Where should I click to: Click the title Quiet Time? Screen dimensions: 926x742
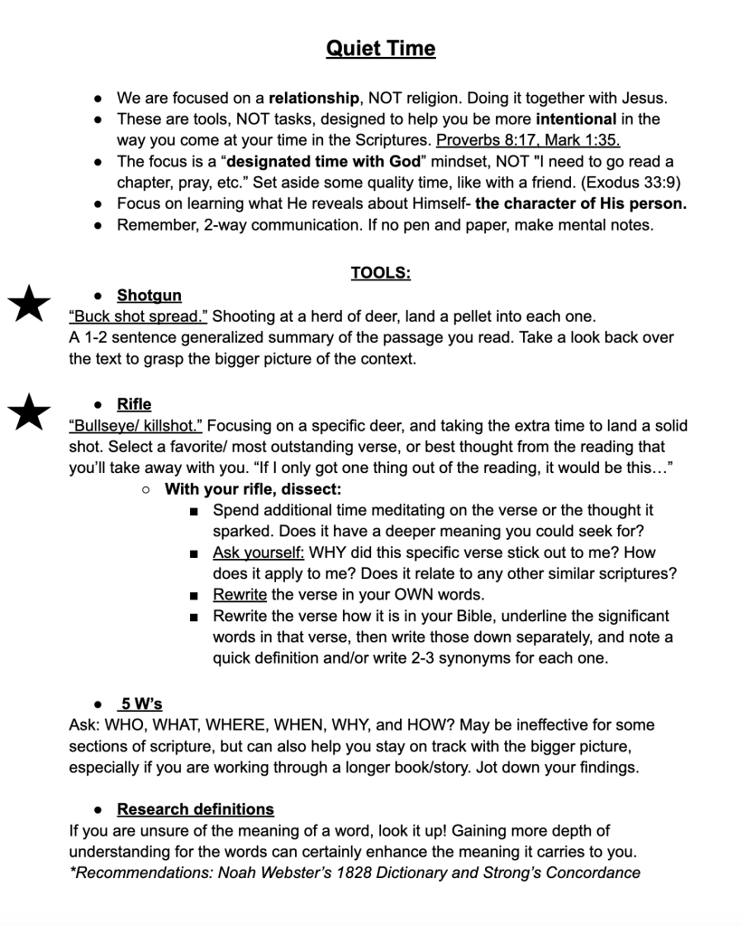click(380, 48)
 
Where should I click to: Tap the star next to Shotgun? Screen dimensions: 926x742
click(29, 302)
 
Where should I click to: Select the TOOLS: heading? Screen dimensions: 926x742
click(380, 272)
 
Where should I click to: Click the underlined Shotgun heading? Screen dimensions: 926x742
click(149, 296)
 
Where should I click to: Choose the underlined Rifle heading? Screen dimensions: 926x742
click(134, 404)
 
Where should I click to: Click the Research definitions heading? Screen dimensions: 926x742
click(195, 808)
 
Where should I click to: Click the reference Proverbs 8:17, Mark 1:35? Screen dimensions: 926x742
click(528, 140)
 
